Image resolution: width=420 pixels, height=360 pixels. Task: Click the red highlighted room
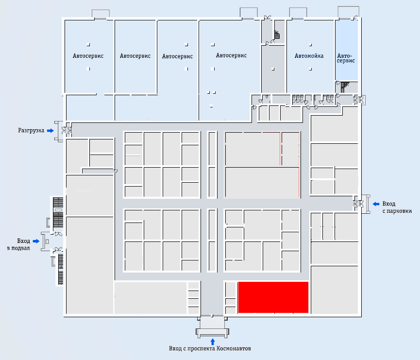coord(273,297)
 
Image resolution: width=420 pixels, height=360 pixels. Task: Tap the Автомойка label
coord(309,56)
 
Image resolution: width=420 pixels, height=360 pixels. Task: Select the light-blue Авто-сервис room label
coord(346,58)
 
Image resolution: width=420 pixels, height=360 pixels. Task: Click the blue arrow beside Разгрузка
coord(50,131)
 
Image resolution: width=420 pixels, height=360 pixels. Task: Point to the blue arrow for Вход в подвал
coord(36,241)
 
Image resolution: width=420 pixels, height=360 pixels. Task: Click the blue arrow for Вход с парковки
coord(376,204)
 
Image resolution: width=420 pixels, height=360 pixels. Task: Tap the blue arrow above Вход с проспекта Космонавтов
coord(213,342)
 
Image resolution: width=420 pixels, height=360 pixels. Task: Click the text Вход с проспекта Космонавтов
coord(210,348)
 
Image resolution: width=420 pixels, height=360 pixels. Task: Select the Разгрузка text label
coord(31,131)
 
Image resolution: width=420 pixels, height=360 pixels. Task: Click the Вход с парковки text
coord(397,207)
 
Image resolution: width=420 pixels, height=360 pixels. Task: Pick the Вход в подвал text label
coord(18,244)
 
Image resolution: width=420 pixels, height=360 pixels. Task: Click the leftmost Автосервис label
coord(88,56)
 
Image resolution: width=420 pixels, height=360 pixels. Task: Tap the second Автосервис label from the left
coord(135,56)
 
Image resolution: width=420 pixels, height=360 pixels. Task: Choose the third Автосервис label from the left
coord(177,56)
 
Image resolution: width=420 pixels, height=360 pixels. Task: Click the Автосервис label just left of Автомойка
coord(231,55)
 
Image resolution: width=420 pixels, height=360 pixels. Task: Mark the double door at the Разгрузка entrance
coord(67,130)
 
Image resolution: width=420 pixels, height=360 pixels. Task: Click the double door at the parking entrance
coord(359,204)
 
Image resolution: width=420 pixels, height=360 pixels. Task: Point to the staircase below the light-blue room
coord(345,87)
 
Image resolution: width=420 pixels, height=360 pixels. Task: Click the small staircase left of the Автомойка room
coord(277,34)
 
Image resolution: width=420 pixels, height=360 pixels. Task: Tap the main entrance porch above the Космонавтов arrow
coord(212,326)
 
